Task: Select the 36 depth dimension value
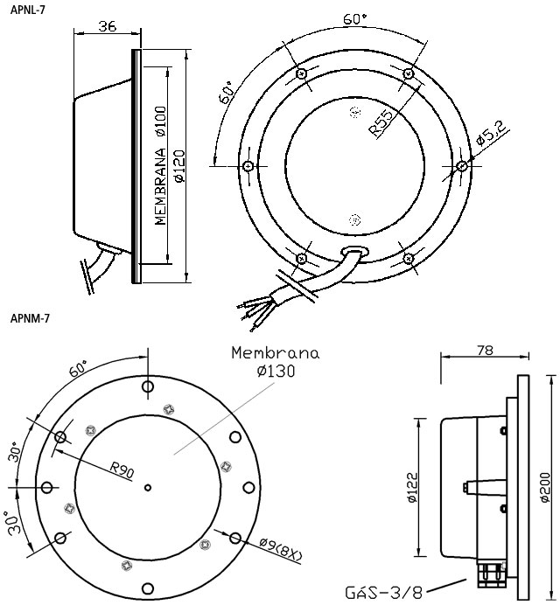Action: coord(107,26)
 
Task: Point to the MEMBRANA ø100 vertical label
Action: coord(161,166)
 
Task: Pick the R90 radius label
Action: coord(122,471)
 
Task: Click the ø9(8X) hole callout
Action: coord(282,548)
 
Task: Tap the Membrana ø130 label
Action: coord(275,362)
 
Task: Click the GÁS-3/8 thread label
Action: coord(383,594)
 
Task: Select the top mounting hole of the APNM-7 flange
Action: coord(148,386)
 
